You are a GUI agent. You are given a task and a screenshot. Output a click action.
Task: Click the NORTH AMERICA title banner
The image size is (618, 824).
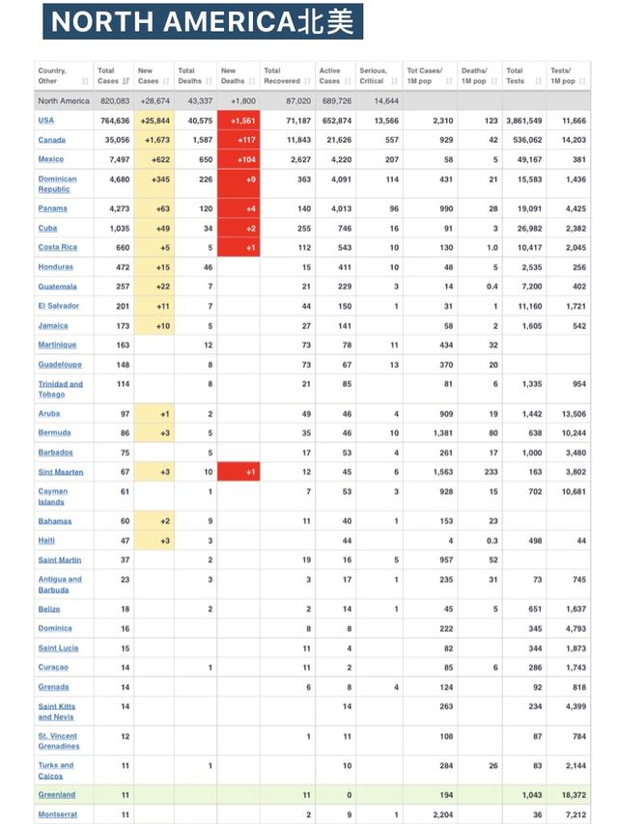(203, 20)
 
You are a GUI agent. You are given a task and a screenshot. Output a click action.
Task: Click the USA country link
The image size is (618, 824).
(46, 121)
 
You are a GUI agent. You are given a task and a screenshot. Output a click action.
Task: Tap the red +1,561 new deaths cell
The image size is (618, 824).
(239, 121)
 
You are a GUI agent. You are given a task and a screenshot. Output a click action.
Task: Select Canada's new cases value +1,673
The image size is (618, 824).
(154, 140)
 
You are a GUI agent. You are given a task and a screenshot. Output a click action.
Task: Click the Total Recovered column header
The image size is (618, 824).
(286, 75)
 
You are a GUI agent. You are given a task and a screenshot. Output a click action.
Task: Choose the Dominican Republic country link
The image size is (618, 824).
(57, 183)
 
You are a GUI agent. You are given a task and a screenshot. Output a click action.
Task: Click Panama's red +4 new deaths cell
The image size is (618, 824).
(239, 208)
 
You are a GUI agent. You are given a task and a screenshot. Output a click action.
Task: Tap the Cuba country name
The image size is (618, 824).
(48, 228)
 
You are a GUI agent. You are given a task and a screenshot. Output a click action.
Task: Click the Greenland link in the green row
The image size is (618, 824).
(56, 795)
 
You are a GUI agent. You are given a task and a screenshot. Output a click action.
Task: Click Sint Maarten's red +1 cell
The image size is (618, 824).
(239, 472)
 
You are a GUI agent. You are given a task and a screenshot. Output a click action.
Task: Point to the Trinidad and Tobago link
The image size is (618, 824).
(60, 389)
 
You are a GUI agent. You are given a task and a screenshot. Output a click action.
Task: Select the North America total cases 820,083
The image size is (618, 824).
(114, 100)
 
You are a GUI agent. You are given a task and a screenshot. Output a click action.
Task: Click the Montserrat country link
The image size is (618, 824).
(58, 814)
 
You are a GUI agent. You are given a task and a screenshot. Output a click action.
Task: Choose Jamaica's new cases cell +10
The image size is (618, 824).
(154, 326)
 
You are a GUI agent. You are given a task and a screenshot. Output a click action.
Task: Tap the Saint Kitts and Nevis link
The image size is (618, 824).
(57, 711)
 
